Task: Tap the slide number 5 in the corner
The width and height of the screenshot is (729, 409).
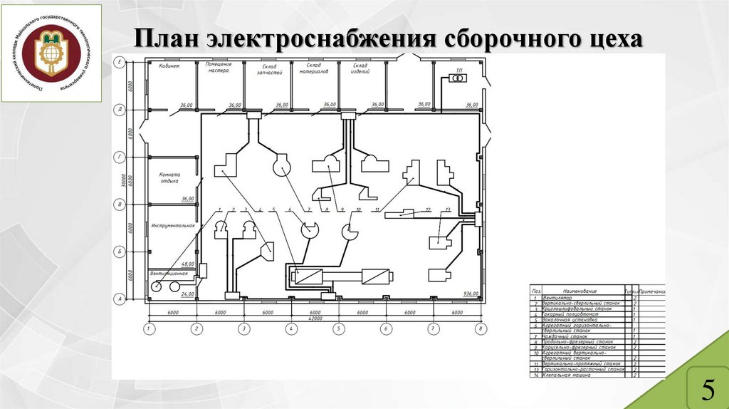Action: pyautogui.click(x=708, y=388)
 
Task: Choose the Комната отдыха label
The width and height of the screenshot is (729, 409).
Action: pyautogui.click(x=169, y=178)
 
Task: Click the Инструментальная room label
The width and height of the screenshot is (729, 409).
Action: pyautogui.click(x=172, y=225)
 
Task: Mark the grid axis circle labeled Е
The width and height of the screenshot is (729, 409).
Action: pyautogui.click(x=120, y=63)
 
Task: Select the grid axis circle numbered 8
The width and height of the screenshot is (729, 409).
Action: pyautogui.click(x=481, y=328)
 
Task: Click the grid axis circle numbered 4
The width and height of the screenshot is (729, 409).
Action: pyautogui.click(x=291, y=328)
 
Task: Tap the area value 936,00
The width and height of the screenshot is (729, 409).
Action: pyautogui.click(x=471, y=294)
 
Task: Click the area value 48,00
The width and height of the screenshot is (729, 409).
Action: pyautogui.click(x=188, y=264)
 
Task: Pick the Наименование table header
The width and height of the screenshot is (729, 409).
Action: pyautogui.click(x=582, y=291)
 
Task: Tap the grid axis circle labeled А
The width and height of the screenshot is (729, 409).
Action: pyautogui.click(x=120, y=299)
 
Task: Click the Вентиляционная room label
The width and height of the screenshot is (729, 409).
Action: pyautogui.click(x=169, y=273)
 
